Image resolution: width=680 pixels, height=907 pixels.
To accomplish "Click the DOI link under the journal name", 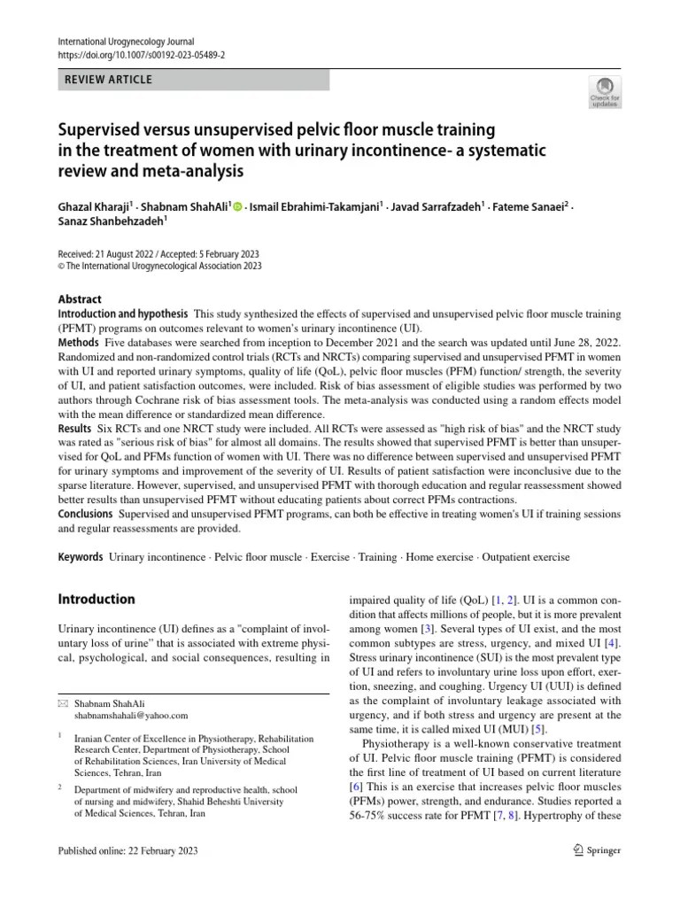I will point(141,55).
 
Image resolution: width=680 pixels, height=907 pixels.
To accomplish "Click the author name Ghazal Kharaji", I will point(92,206).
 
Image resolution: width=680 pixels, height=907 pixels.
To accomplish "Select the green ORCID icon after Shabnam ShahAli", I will point(237,206).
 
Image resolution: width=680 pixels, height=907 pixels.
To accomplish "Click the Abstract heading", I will point(80,299).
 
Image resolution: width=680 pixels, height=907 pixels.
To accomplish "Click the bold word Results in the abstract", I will point(75,428).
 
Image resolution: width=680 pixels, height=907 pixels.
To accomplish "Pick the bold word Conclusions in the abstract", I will point(86,514).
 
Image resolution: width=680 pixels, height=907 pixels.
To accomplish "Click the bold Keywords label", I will point(80,557).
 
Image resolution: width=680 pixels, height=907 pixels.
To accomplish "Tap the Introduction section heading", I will point(97,599).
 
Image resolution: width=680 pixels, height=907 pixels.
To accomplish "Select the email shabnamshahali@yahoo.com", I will point(131,716).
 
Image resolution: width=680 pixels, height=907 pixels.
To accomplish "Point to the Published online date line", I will point(127,851).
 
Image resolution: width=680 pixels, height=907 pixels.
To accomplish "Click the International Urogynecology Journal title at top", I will point(125,41).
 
